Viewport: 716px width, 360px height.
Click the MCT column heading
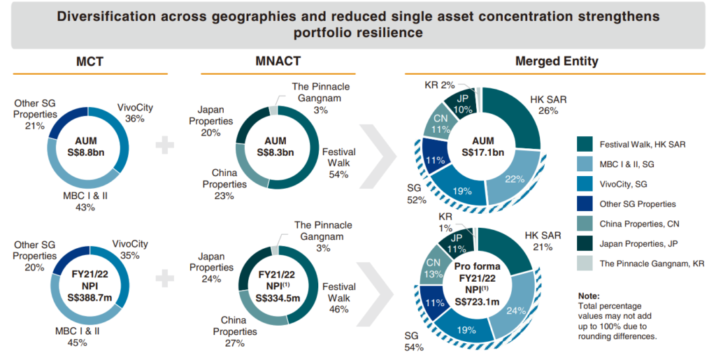(x=89, y=62)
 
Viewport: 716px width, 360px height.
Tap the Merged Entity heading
(x=557, y=62)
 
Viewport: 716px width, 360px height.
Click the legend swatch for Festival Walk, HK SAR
(x=585, y=145)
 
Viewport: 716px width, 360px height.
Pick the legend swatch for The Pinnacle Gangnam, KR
(x=585, y=263)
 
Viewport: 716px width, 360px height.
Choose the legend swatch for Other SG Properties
(x=585, y=204)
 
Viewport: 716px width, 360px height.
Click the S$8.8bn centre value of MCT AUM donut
(x=90, y=152)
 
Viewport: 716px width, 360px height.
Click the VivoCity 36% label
(x=136, y=113)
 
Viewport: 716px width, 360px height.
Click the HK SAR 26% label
(x=550, y=105)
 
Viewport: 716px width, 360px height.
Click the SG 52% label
(x=415, y=194)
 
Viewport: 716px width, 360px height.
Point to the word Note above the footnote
(x=589, y=296)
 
